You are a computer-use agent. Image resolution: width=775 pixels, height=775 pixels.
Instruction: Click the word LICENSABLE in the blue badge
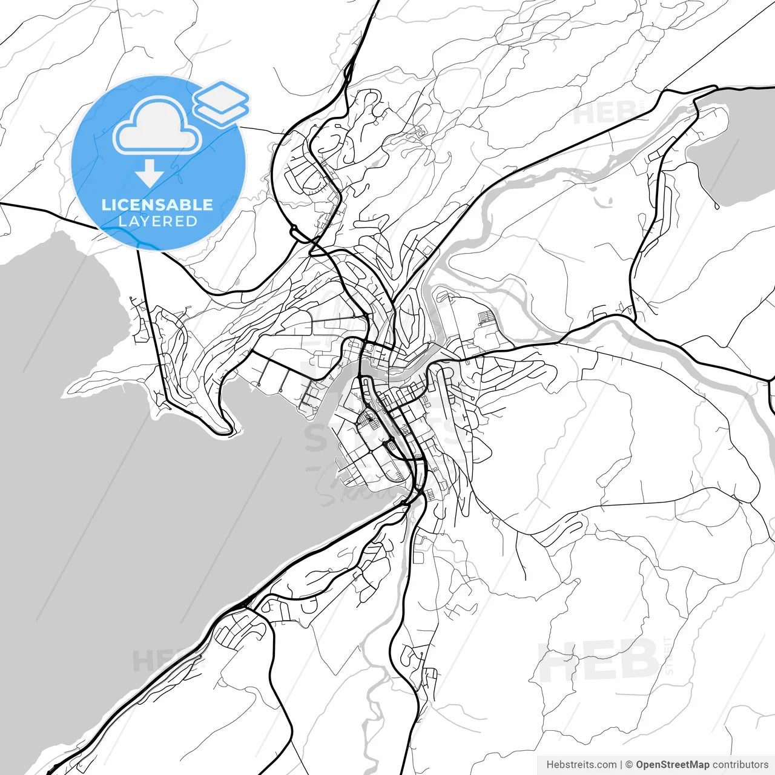point(157,205)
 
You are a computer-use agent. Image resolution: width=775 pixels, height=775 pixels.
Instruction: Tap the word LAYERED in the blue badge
point(157,222)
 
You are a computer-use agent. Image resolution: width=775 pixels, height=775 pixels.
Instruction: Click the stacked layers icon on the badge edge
point(221,103)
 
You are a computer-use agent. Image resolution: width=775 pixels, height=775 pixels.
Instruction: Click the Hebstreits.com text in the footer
point(581,765)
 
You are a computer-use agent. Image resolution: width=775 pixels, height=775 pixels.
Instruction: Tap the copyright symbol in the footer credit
point(629,765)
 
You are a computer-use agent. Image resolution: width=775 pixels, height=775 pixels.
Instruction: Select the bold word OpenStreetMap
point(672,765)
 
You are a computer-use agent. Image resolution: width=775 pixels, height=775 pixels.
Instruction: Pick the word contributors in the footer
point(740,765)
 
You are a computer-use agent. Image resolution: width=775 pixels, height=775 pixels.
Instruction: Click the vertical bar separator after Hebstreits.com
point(622,765)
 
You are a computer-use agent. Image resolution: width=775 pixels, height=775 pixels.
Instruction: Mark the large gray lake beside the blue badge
point(121,484)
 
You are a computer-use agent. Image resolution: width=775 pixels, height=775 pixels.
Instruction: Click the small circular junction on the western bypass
point(294,230)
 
